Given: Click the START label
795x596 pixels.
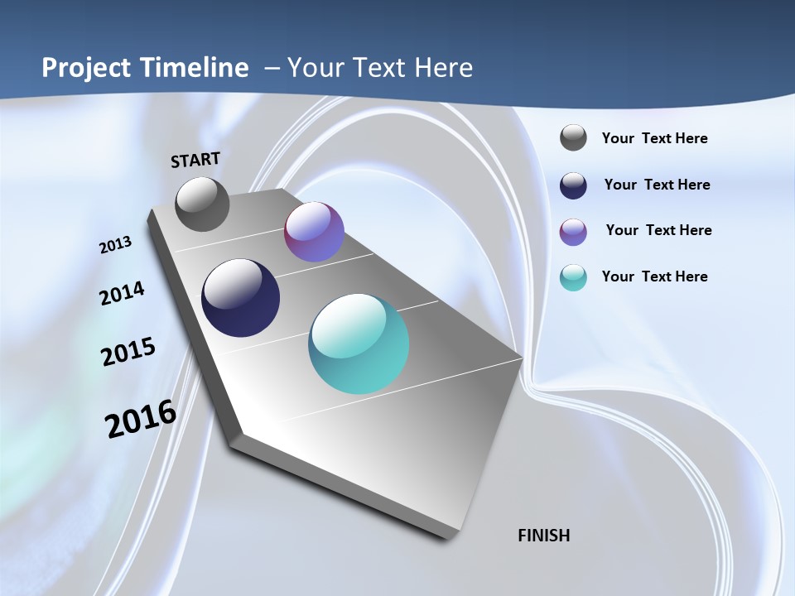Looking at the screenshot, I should (x=195, y=160).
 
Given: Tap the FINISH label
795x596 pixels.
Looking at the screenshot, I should (x=544, y=536).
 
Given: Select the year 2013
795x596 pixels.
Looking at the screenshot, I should (x=115, y=245).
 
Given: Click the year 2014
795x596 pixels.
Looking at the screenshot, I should (x=123, y=294).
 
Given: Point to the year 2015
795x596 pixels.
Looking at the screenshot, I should (x=128, y=352).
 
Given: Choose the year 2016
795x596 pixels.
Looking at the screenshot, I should (x=141, y=419).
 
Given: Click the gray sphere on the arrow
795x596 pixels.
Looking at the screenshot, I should (x=202, y=204).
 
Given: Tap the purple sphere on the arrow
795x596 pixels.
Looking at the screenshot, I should (x=314, y=232).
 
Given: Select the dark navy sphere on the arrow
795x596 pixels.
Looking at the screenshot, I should (x=241, y=298).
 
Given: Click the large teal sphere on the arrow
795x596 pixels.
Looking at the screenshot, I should (x=359, y=344).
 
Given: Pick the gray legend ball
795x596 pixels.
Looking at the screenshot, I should (x=573, y=138).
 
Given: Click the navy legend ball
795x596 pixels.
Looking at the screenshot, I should (x=573, y=185).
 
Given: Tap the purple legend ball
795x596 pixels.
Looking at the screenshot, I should (x=573, y=232).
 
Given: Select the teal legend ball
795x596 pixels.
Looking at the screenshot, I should (x=573, y=277).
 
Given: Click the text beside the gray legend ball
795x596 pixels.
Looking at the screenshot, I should (x=654, y=139).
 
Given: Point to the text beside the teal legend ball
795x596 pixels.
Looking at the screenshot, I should (x=654, y=276).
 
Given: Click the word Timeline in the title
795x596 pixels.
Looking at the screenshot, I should (x=192, y=68).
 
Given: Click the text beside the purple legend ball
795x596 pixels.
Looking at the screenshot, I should (x=658, y=230).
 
